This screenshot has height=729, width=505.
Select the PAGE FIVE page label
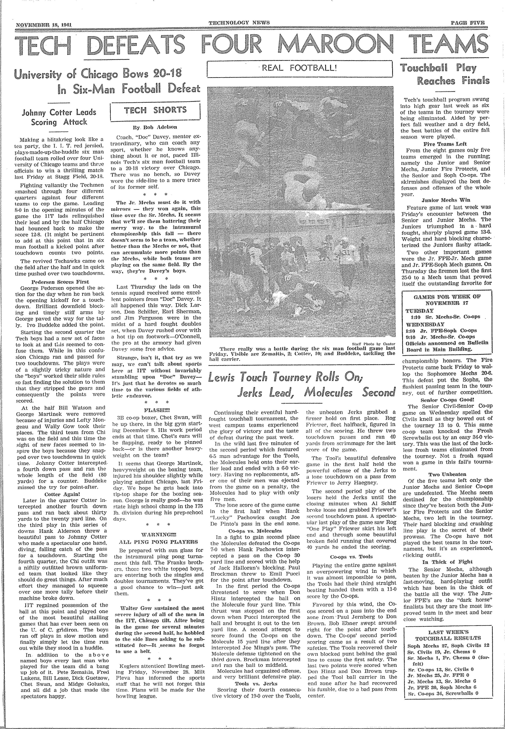(468, 23)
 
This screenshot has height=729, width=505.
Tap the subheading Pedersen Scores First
(60, 282)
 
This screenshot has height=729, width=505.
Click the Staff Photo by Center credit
(373, 343)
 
